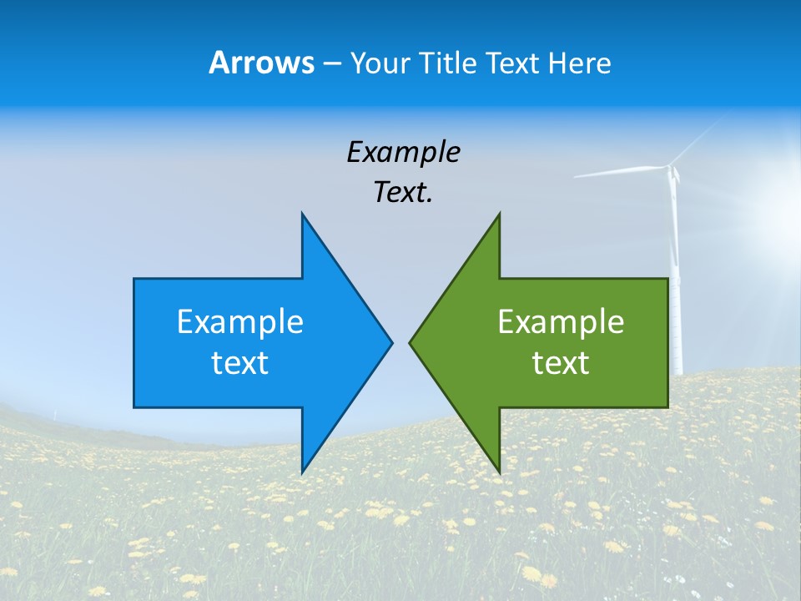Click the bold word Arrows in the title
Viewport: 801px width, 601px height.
pos(261,63)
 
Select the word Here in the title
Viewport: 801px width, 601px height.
pos(579,63)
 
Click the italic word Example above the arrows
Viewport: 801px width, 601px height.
pos(403,152)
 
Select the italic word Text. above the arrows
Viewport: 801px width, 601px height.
pos(403,192)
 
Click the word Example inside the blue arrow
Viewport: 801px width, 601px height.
pos(240,321)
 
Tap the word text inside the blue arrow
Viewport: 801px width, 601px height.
pos(240,362)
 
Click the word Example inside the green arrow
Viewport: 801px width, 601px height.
pos(561,321)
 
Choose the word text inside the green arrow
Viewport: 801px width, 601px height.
pos(561,362)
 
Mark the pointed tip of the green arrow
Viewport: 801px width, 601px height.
pos(411,342)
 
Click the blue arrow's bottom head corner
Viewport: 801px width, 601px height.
pos(302,471)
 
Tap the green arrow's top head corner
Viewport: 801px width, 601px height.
pos(499,215)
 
